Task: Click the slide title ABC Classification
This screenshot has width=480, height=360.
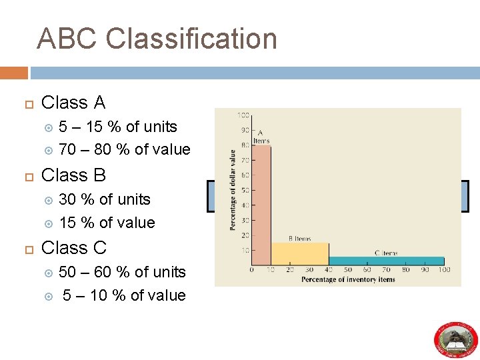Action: pyautogui.click(x=157, y=39)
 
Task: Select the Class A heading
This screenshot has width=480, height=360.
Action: pyautogui.click(x=73, y=103)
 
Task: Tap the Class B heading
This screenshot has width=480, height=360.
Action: pyautogui.click(x=73, y=175)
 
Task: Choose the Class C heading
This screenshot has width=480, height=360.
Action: pyautogui.click(x=73, y=247)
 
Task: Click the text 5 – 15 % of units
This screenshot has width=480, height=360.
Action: pyautogui.click(x=118, y=127)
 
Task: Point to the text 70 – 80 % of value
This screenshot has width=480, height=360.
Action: pyautogui.click(x=125, y=149)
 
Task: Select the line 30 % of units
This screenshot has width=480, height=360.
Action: pyautogui.click(x=105, y=199)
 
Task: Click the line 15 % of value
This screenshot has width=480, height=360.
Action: pyautogui.click(x=107, y=223)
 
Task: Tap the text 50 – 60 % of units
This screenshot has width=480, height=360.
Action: pyautogui.click(x=122, y=272)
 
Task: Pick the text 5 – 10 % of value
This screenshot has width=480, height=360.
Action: pyautogui.click(x=124, y=295)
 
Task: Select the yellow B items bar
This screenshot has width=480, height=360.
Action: pyautogui.click(x=299, y=253)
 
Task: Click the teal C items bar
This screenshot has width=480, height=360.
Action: pyautogui.click(x=386, y=261)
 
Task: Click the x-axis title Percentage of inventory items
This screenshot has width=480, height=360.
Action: pyautogui.click(x=347, y=279)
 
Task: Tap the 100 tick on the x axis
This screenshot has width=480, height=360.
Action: pyautogui.click(x=444, y=270)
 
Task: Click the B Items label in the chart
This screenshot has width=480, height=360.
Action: pyautogui.click(x=299, y=238)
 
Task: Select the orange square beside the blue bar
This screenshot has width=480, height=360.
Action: pyautogui.click(x=14, y=73)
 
